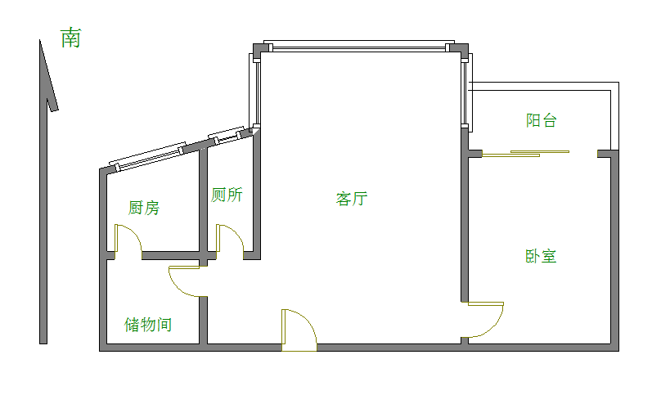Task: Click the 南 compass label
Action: point(71,38)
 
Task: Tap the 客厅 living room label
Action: point(352,199)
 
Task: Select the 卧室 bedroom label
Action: point(541,256)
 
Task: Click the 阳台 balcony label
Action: point(541,121)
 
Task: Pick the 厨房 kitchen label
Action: point(144,208)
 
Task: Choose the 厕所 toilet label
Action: point(227,195)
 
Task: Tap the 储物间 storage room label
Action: point(148,325)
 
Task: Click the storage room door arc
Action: point(184,281)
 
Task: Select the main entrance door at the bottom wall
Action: point(299,331)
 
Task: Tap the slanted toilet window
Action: point(227,134)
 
